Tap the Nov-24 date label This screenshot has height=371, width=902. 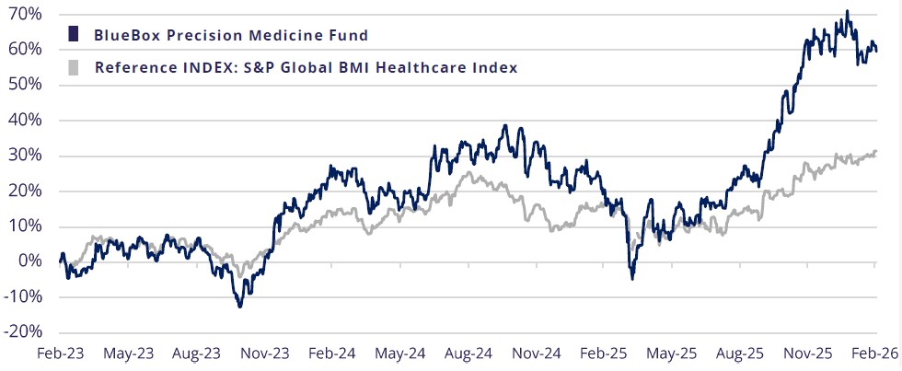point(536,353)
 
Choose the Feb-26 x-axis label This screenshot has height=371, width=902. point(873,353)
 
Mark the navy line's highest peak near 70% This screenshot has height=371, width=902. point(847,12)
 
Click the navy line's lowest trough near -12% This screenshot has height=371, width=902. point(240,306)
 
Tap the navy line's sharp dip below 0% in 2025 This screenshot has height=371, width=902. point(631,277)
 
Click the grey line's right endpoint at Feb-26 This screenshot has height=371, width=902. point(874,151)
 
